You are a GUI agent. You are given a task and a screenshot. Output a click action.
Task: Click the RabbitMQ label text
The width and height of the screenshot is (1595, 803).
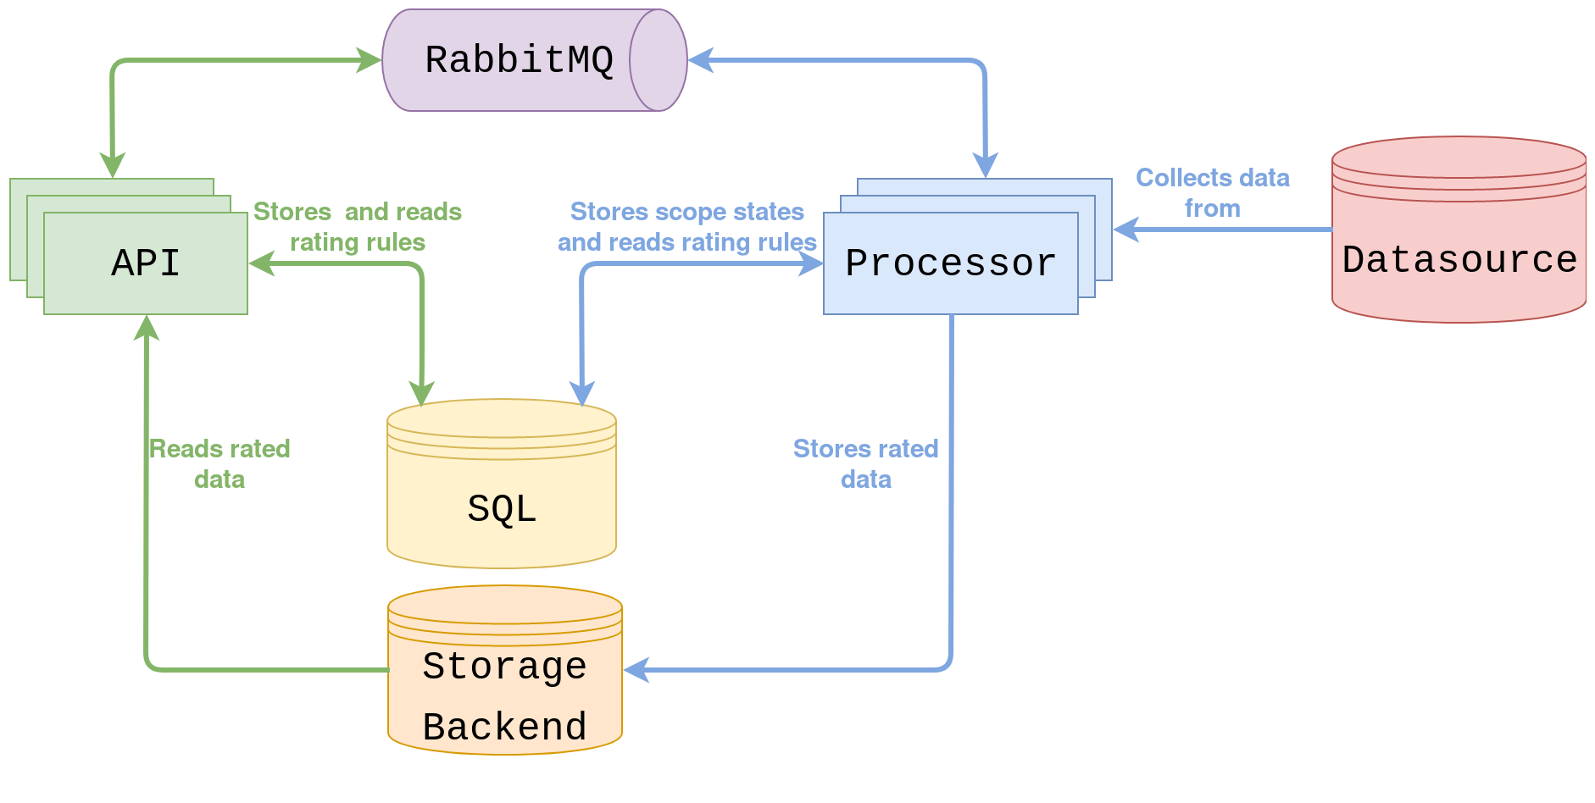[519, 60]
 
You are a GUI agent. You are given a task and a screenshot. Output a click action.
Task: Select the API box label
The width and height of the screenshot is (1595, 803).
[146, 263]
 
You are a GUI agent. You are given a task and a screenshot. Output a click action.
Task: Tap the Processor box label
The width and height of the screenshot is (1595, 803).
[951, 263]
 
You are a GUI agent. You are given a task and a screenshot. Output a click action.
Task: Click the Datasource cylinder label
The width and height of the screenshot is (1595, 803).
[1459, 259]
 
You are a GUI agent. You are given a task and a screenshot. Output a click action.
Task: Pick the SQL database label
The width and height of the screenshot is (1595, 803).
[502, 508]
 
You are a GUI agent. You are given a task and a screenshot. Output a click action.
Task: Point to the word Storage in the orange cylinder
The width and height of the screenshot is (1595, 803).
[504, 666]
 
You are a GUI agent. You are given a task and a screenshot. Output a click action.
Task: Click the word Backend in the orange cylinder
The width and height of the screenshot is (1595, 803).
[504, 727]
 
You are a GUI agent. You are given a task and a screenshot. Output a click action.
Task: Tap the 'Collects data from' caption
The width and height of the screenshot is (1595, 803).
[1212, 193]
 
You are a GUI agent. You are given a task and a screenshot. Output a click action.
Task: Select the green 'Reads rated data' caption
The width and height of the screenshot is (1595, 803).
[220, 463]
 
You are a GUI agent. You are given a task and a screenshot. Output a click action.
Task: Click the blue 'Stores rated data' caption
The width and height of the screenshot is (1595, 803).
[865, 463]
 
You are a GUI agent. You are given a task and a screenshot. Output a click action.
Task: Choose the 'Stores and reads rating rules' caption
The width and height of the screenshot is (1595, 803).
[358, 227]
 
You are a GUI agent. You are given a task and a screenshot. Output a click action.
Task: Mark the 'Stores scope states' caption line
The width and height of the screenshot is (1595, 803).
[686, 211]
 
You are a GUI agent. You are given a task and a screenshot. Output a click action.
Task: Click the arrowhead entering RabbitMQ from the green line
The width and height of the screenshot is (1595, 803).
[370, 60]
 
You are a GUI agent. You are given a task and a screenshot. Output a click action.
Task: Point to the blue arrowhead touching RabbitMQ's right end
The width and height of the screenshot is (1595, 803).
[700, 60]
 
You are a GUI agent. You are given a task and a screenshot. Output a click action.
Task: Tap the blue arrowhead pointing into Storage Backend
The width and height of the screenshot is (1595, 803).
[636, 670]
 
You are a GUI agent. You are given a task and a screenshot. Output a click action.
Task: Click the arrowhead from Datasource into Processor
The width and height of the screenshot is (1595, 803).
[1125, 229]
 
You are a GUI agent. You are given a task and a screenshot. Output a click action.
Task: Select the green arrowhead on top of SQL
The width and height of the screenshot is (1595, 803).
[421, 394]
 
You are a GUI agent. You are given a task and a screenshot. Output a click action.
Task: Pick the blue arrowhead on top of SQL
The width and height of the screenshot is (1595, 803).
[581, 394]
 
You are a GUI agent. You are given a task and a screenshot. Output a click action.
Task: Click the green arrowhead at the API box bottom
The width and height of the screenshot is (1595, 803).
[147, 327]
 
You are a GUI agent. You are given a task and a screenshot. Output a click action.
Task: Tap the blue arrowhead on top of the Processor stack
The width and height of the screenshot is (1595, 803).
[985, 166]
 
